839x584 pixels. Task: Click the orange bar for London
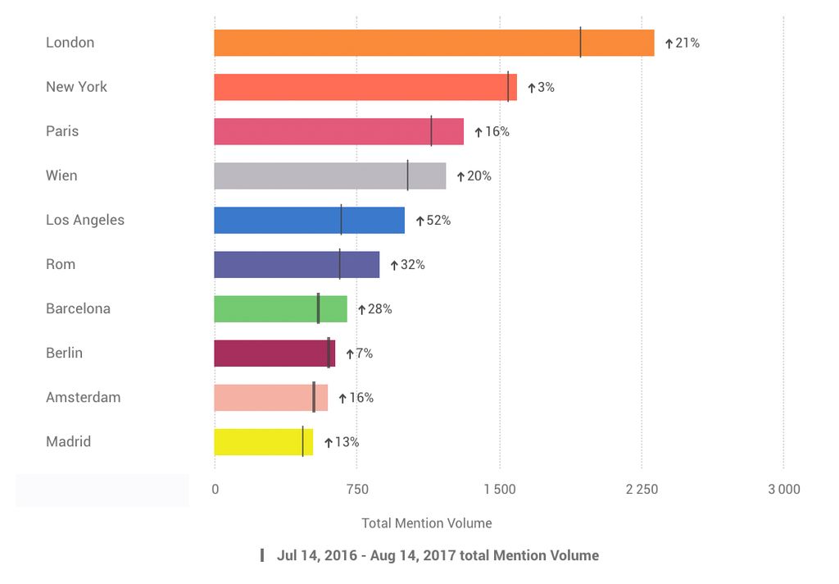pyautogui.click(x=434, y=43)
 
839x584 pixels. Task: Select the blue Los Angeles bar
pyautogui.click(x=309, y=220)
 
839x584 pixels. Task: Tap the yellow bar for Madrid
pyautogui.click(x=263, y=441)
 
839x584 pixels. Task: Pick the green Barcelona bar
pyautogui.click(x=280, y=308)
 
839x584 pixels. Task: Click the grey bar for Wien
pyautogui.click(x=329, y=176)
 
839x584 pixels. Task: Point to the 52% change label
pyautogui.click(x=438, y=221)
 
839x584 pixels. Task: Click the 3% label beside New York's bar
pyautogui.click(x=546, y=87)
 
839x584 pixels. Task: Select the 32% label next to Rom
pyautogui.click(x=412, y=265)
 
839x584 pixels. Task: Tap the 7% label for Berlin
pyautogui.click(x=364, y=354)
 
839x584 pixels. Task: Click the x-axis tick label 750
pyautogui.click(x=357, y=490)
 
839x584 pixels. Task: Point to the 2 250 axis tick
pyautogui.click(x=642, y=490)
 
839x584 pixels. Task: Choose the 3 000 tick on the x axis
pyautogui.click(x=783, y=490)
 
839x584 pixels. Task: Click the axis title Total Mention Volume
pyautogui.click(x=427, y=522)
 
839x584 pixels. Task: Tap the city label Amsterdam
pyautogui.click(x=83, y=397)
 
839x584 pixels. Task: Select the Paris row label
pyautogui.click(x=62, y=131)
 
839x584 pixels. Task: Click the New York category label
pyautogui.click(x=76, y=87)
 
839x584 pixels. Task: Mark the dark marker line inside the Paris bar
pyautogui.click(x=431, y=131)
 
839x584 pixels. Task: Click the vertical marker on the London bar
pyautogui.click(x=580, y=43)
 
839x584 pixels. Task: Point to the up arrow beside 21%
pyautogui.click(x=669, y=43)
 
